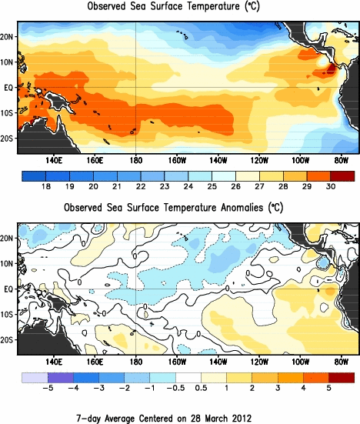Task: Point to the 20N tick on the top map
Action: tap(8, 37)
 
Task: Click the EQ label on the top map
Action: tap(8, 88)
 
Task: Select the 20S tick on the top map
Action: tap(8, 139)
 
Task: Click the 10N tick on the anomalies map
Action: tap(8, 263)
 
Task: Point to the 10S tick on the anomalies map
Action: tap(8, 314)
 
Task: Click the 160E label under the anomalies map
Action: tap(95, 362)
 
